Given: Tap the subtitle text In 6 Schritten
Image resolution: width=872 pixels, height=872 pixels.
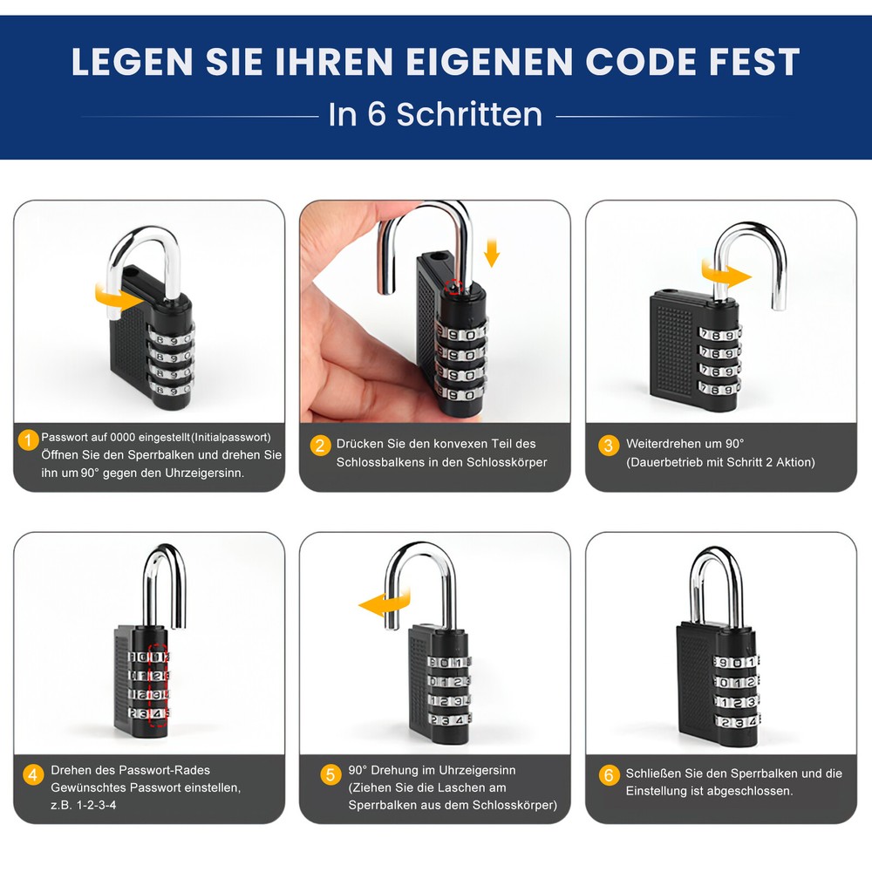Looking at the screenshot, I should click(435, 114).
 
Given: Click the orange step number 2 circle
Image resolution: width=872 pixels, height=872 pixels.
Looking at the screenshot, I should click(320, 446).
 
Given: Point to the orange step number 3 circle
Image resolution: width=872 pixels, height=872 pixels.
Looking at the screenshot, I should click(609, 446).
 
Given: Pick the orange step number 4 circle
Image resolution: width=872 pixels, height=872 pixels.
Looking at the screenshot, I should click(33, 774).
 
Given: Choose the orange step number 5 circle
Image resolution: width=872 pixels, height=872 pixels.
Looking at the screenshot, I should click(330, 774).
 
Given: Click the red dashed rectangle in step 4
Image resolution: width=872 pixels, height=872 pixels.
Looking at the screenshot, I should click(158, 687).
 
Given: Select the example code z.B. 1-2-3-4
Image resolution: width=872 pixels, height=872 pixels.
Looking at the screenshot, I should click(84, 804).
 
